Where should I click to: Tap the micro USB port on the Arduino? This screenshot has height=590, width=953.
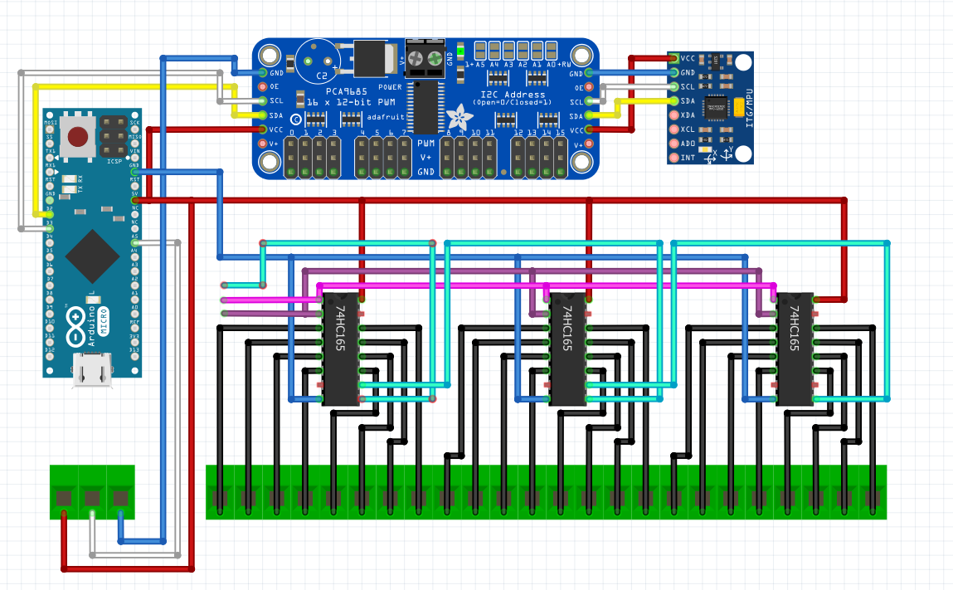[x=91, y=370]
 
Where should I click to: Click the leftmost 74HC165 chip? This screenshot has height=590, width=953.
[x=340, y=349]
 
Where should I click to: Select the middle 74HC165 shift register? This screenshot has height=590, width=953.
[x=567, y=349]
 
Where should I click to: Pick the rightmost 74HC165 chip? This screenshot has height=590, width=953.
[x=795, y=349]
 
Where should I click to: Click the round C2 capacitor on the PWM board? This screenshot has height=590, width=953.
[x=316, y=60]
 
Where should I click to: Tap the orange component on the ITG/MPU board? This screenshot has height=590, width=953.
[x=739, y=106]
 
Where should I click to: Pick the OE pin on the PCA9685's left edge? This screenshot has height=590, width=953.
[x=264, y=86]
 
